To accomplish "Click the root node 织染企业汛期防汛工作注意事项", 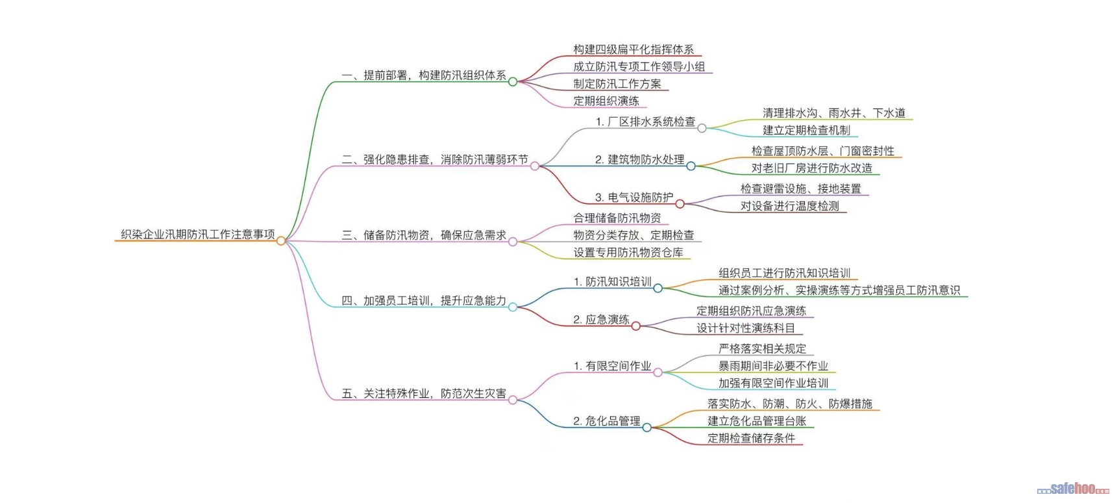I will (198, 235).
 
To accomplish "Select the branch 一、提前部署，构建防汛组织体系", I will (424, 75).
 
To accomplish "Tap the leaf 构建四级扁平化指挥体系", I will (633, 49).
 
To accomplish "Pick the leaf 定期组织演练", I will (606, 101).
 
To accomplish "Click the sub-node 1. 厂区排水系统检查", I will (645, 122).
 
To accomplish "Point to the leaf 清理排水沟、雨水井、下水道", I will (834, 113).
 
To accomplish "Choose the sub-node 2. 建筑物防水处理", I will (640, 159).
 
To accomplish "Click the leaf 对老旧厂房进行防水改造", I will (812, 168).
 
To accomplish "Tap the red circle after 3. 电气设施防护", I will (680, 203).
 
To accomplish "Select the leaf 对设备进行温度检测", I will (790, 206).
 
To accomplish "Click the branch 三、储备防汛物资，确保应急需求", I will (424, 235).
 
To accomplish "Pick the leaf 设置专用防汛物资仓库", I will (628, 252).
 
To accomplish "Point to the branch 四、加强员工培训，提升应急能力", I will (424, 300).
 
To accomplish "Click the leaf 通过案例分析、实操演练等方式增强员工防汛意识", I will (839, 290).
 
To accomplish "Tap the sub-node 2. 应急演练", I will (601, 319).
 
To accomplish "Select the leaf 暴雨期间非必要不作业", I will (773, 366).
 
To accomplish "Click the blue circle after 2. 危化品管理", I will (646, 427).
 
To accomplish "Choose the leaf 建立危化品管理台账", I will (757, 421).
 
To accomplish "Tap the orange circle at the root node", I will (280, 240).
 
